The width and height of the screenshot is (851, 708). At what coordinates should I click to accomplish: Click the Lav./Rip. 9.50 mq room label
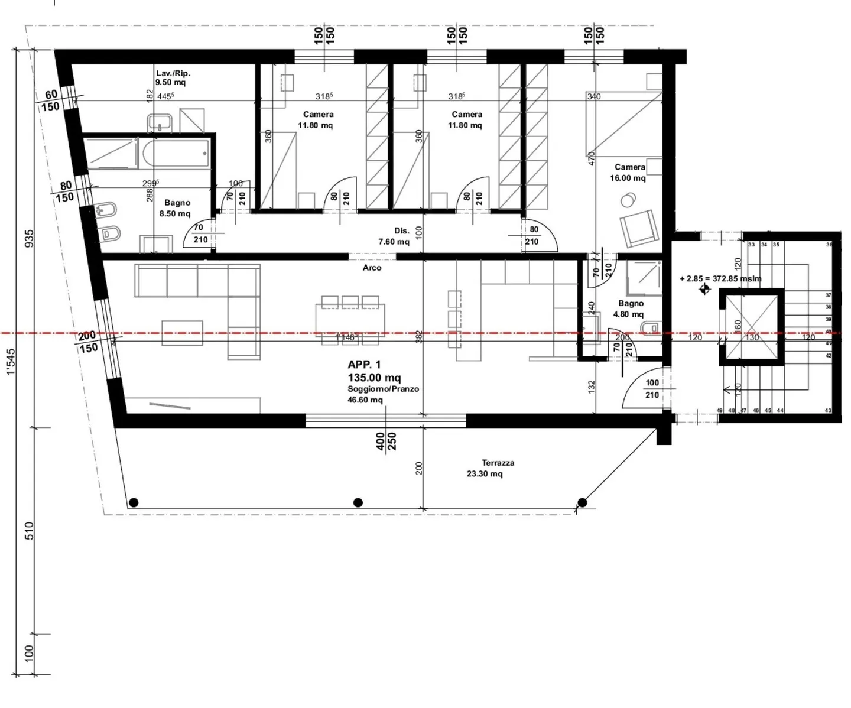[x=172, y=78]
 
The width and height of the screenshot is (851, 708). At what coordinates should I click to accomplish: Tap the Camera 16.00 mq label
[x=629, y=173]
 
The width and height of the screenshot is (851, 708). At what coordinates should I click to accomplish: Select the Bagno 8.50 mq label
[x=176, y=208]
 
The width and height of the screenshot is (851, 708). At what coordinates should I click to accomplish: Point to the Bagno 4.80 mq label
[x=629, y=308]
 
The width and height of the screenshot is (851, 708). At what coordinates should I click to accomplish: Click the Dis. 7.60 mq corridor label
[x=394, y=236]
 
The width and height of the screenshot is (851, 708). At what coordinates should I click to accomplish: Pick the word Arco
[x=372, y=268]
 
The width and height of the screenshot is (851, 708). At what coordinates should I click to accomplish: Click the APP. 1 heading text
[x=364, y=365]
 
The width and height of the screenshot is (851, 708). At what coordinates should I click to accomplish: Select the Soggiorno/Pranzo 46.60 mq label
[x=383, y=394]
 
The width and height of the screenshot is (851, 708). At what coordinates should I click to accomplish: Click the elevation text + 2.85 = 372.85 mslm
[x=720, y=278]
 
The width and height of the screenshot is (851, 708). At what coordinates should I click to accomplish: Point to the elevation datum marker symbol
[x=704, y=289]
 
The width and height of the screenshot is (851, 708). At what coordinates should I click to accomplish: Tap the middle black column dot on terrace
[x=358, y=502]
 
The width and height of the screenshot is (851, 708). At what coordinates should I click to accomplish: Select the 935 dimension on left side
[x=29, y=238]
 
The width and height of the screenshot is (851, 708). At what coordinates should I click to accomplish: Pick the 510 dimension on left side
[x=29, y=530]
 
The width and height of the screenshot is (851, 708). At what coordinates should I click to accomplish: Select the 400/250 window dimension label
[x=386, y=441]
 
